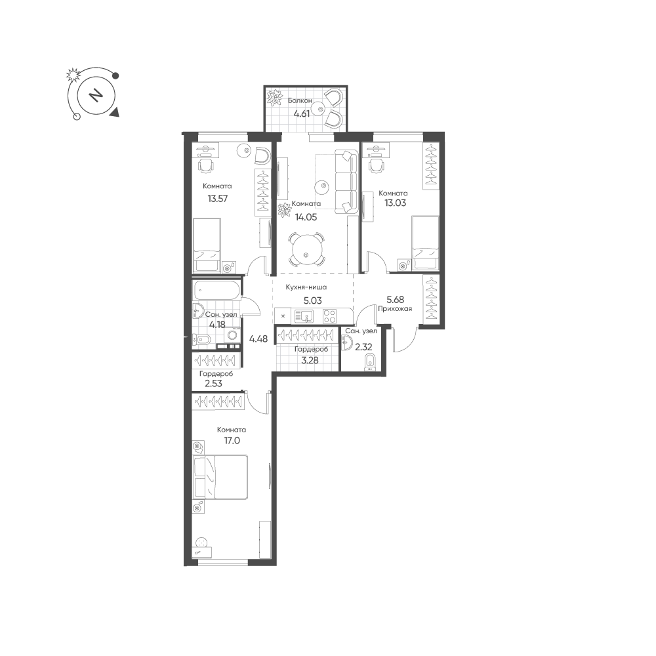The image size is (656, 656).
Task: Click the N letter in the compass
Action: point(96,96)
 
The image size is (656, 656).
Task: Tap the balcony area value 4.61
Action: point(301,113)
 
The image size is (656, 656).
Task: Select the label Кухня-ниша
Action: point(306,287)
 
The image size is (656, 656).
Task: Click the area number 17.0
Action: point(232,441)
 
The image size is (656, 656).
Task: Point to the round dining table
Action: point(306,250)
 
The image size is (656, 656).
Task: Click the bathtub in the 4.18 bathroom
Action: point(216,291)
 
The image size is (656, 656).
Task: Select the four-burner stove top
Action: point(330,316)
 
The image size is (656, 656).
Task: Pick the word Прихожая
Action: point(395,309)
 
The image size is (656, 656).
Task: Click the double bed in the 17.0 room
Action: point(220,478)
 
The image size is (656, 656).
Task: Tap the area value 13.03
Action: point(396,203)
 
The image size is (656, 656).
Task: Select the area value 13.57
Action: point(218,198)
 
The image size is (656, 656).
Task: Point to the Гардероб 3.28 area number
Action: point(310,359)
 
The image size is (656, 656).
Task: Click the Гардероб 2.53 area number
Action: point(213,383)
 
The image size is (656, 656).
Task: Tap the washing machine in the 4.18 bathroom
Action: point(232,335)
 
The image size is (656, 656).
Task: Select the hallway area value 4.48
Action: point(258,339)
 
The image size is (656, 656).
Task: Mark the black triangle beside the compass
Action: point(115,112)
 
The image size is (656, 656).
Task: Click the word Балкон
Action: point(300,100)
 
